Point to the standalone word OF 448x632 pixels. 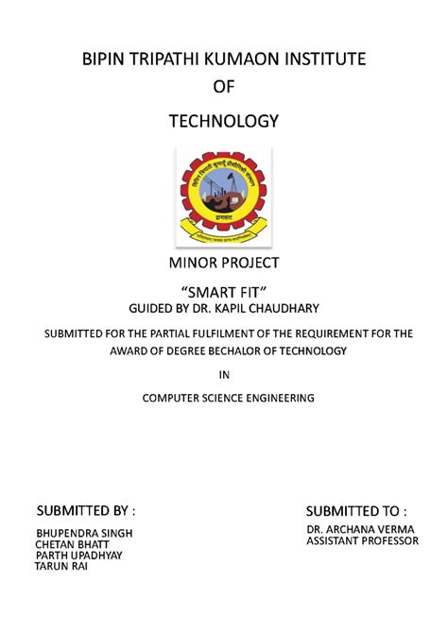pyautogui.click(x=223, y=88)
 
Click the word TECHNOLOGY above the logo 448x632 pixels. pyautogui.click(x=223, y=121)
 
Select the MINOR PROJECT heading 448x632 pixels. pyautogui.click(x=223, y=261)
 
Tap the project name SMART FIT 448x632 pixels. pyautogui.click(x=223, y=291)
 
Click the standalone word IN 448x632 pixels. pyautogui.click(x=224, y=376)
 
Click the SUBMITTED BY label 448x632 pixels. pyautogui.click(x=85, y=511)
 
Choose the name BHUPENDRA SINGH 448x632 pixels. pyautogui.click(x=84, y=533)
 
